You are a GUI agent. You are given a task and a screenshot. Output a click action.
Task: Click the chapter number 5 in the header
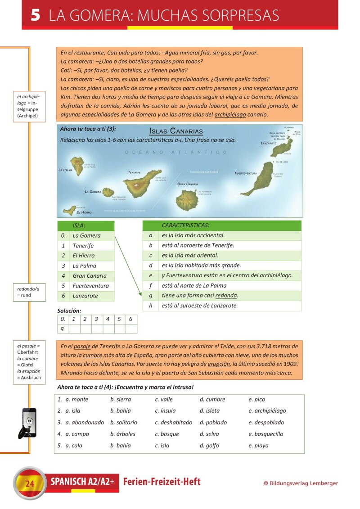pyautogui.click(x=36, y=15)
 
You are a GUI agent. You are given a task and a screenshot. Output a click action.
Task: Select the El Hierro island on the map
pyautogui.click(x=70, y=209)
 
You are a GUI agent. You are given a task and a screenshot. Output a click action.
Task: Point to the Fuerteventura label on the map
pyautogui.click(x=246, y=173)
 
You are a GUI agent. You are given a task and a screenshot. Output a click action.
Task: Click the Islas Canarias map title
pyautogui.click(x=176, y=131)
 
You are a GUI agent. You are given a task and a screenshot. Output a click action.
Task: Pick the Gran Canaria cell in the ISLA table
pyautogui.click(x=90, y=276)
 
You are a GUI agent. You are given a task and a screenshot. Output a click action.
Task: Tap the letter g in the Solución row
pyautogui.click(x=62, y=329)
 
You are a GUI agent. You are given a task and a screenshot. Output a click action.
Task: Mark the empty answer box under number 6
pyautogui.click(x=131, y=329)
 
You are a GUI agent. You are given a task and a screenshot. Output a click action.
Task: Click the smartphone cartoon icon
pyautogui.click(x=27, y=423)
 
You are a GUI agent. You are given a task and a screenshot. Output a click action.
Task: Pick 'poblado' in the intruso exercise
pyautogui.click(x=216, y=423)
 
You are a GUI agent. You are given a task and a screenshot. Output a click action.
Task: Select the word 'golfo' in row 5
pyautogui.click(x=212, y=446)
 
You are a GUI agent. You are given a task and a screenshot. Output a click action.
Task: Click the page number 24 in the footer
pyautogui.click(x=30, y=484)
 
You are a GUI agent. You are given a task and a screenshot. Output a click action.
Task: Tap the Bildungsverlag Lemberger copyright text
pyautogui.click(x=301, y=483)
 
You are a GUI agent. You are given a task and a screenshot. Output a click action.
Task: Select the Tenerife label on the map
pyautogui.click(x=135, y=172)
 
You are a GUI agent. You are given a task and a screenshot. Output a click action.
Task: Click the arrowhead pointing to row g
pyautogui.click(x=141, y=294)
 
